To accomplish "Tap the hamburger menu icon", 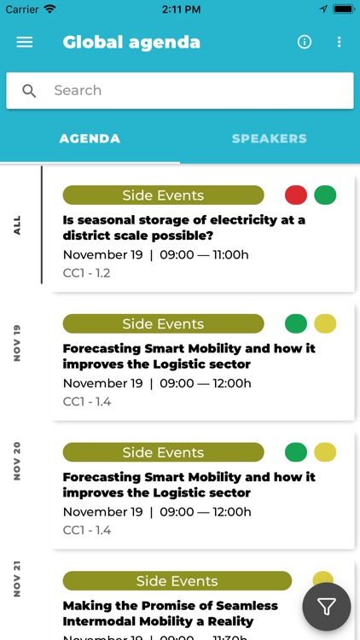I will (25, 42).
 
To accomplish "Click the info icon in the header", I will (305, 42).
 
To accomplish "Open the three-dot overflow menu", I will (339, 42).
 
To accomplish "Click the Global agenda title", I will (131, 42).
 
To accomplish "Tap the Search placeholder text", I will (78, 90).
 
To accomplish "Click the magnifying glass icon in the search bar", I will (30, 91).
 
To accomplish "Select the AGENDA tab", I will (90, 138).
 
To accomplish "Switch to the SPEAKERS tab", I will (270, 138).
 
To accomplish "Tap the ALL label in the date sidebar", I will (17, 225).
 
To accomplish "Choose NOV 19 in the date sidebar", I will (17, 343).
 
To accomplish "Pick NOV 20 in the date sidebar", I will (17, 462).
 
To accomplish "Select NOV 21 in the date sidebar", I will (17, 579).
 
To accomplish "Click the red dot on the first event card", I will (296, 195).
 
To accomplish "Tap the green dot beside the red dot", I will (325, 195).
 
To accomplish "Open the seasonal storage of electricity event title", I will (183, 227).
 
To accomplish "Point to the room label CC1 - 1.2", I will (86, 273).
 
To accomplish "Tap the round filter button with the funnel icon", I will (327, 607).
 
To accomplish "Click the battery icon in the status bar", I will (343, 9).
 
